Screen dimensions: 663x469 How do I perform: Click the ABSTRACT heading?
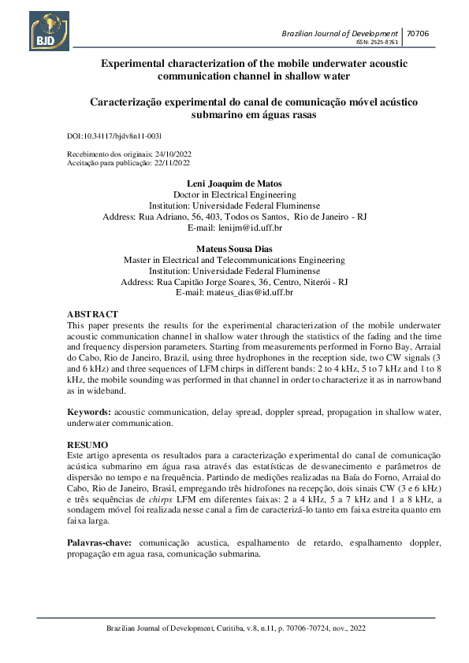[92, 314]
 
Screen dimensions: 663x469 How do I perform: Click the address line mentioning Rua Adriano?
[234, 216]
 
